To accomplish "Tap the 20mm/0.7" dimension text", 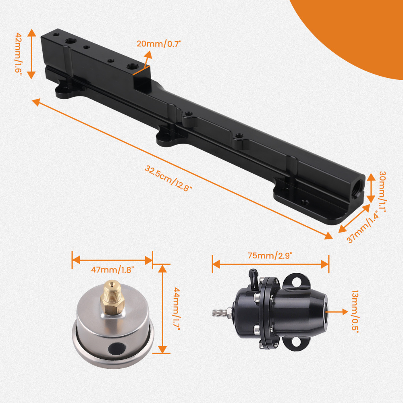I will point(160,44).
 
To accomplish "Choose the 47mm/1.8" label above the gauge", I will point(112,270).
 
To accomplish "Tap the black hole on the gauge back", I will point(117,345).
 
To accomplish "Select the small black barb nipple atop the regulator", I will point(253,276).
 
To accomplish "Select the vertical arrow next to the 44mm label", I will point(162,308).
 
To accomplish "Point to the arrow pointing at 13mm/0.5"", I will point(338,311).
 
